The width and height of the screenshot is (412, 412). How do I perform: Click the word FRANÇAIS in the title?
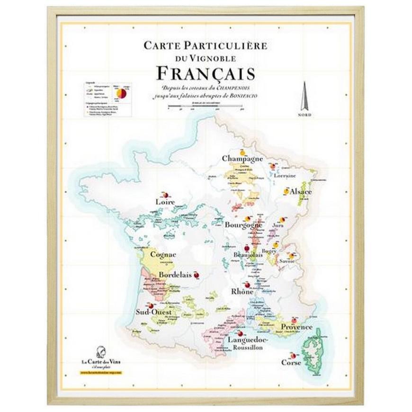pyautogui.click(x=205, y=74)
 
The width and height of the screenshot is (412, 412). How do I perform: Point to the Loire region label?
pyautogui.click(x=165, y=202)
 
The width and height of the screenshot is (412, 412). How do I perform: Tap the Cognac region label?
pyautogui.click(x=163, y=254)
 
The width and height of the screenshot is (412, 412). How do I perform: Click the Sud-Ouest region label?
pyautogui.click(x=150, y=311)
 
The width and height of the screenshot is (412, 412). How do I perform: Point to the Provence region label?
pyautogui.click(x=296, y=327)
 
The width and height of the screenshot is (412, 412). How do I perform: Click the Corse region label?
pyautogui.click(x=291, y=362)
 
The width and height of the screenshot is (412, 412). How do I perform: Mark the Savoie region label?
pyautogui.click(x=287, y=261)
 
